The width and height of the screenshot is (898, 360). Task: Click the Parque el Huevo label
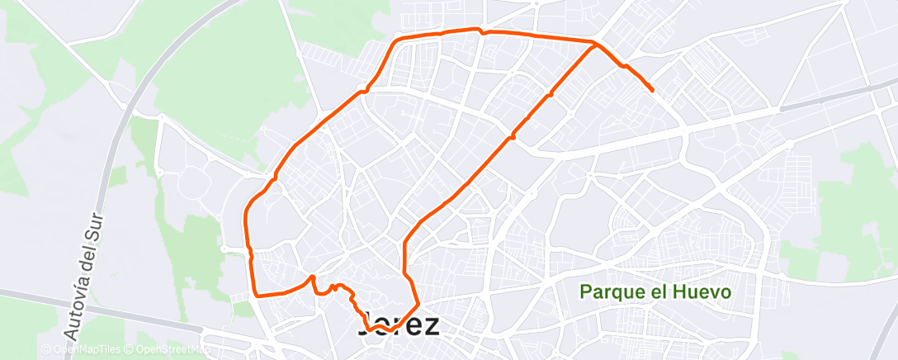[655, 291]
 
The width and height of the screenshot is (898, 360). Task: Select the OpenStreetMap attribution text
[170, 349]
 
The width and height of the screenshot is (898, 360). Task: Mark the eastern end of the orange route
[653, 90]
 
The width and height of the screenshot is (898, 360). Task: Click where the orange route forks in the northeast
[593, 44]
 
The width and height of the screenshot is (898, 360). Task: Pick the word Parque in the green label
[607, 291]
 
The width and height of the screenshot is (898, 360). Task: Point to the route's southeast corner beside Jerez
[418, 305]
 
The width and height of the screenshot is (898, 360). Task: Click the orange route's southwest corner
[255, 294]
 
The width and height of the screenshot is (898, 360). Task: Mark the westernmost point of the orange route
[246, 220]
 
